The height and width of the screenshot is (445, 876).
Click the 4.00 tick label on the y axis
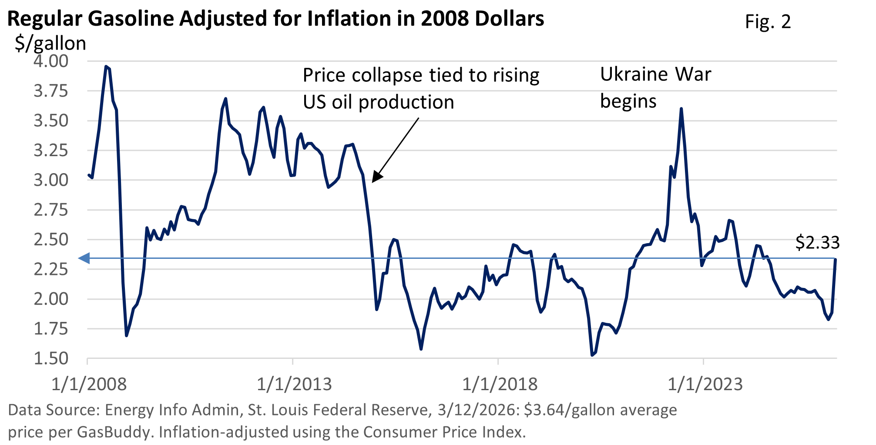click(x=51, y=61)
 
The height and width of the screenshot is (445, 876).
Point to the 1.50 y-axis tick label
click(x=51, y=358)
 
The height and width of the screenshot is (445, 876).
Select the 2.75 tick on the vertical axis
click(x=51, y=210)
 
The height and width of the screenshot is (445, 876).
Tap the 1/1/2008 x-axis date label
click(x=89, y=384)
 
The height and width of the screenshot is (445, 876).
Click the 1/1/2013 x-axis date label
click(x=294, y=384)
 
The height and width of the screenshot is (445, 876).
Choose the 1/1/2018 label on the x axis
click(x=500, y=384)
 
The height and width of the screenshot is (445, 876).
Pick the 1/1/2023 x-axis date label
click(x=705, y=384)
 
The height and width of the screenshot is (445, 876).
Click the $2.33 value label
click(x=817, y=242)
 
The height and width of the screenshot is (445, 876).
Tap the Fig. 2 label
click(x=768, y=22)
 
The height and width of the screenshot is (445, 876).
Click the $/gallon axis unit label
click(x=50, y=43)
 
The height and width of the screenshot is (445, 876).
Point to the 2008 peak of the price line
click(x=106, y=67)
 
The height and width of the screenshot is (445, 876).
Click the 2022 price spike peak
click(x=681, y=109)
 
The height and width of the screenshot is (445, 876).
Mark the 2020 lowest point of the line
click(x=592, y=355)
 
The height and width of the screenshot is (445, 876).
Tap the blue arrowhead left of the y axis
click(x=83, y=258)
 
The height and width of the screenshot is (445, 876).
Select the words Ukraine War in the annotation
click(x=655, y=74)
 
